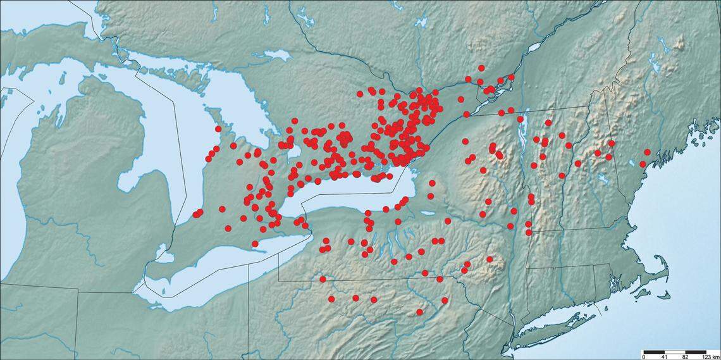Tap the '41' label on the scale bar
pos(664,356)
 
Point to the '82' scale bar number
pos(685,356)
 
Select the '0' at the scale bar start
pos(644,356)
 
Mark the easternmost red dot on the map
pos(647,152)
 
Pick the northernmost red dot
pos(481,68)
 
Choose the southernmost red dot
pos(419,312)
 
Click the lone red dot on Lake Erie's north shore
pos(255,244)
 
